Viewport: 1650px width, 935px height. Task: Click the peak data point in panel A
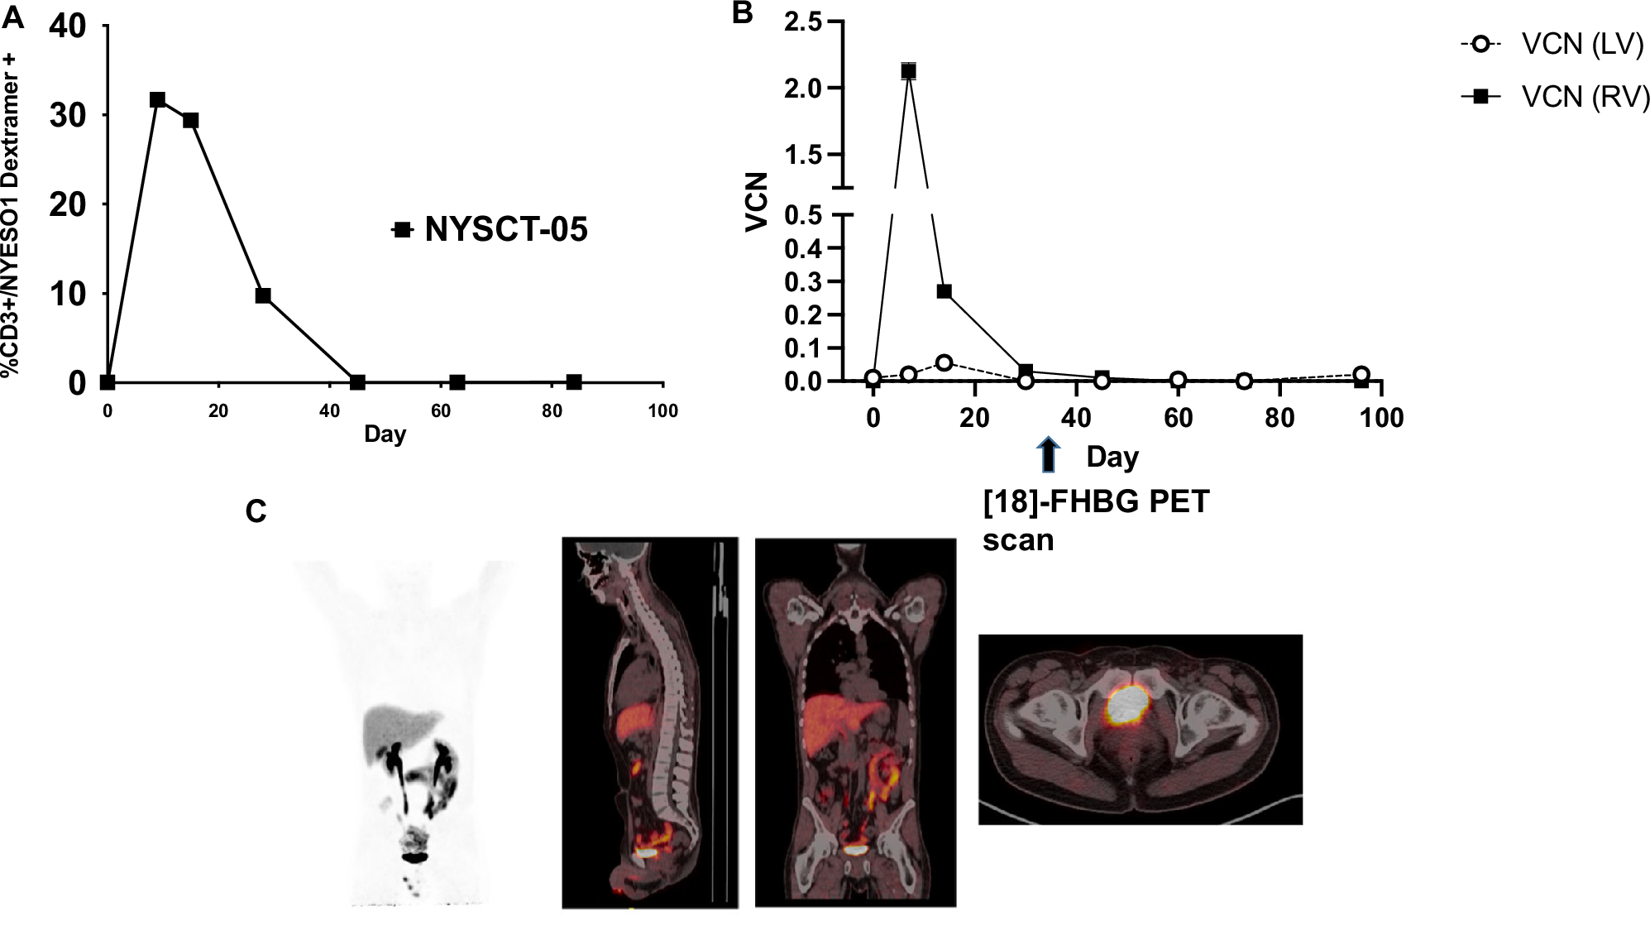157,100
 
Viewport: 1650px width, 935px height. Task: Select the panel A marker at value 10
263,295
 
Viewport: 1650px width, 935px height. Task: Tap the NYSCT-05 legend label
505,229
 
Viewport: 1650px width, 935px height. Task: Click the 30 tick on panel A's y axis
68,116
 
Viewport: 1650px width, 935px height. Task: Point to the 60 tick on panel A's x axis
441,411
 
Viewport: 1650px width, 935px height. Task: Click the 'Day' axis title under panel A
385,434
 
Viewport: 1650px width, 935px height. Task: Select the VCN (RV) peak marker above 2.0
909,71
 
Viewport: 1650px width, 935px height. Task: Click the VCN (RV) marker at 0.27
944,291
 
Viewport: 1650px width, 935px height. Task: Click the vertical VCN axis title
757,202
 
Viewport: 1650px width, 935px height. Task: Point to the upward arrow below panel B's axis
1048,455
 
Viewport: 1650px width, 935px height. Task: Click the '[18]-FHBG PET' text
1096,502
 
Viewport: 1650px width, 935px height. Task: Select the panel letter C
256,512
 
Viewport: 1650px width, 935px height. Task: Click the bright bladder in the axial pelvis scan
1127,703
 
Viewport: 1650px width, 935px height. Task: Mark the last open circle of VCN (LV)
1361,374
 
